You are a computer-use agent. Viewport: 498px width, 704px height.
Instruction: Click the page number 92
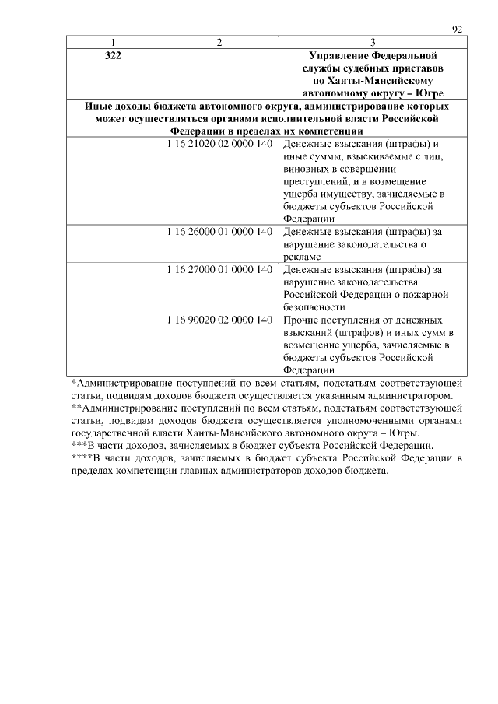tap(458, 30)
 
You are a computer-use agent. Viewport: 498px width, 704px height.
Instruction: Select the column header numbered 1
tap(114, 42)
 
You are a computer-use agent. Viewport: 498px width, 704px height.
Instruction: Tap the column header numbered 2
tap(219, 42)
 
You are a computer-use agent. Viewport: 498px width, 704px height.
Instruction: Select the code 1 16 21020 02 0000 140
tap(219, 145)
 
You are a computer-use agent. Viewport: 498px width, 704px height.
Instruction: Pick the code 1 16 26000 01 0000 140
tap(219, 231)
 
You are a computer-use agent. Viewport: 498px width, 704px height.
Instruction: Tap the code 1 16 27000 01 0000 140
tap(219, 269)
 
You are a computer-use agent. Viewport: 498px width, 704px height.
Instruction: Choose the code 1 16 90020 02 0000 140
tap(219, 320)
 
